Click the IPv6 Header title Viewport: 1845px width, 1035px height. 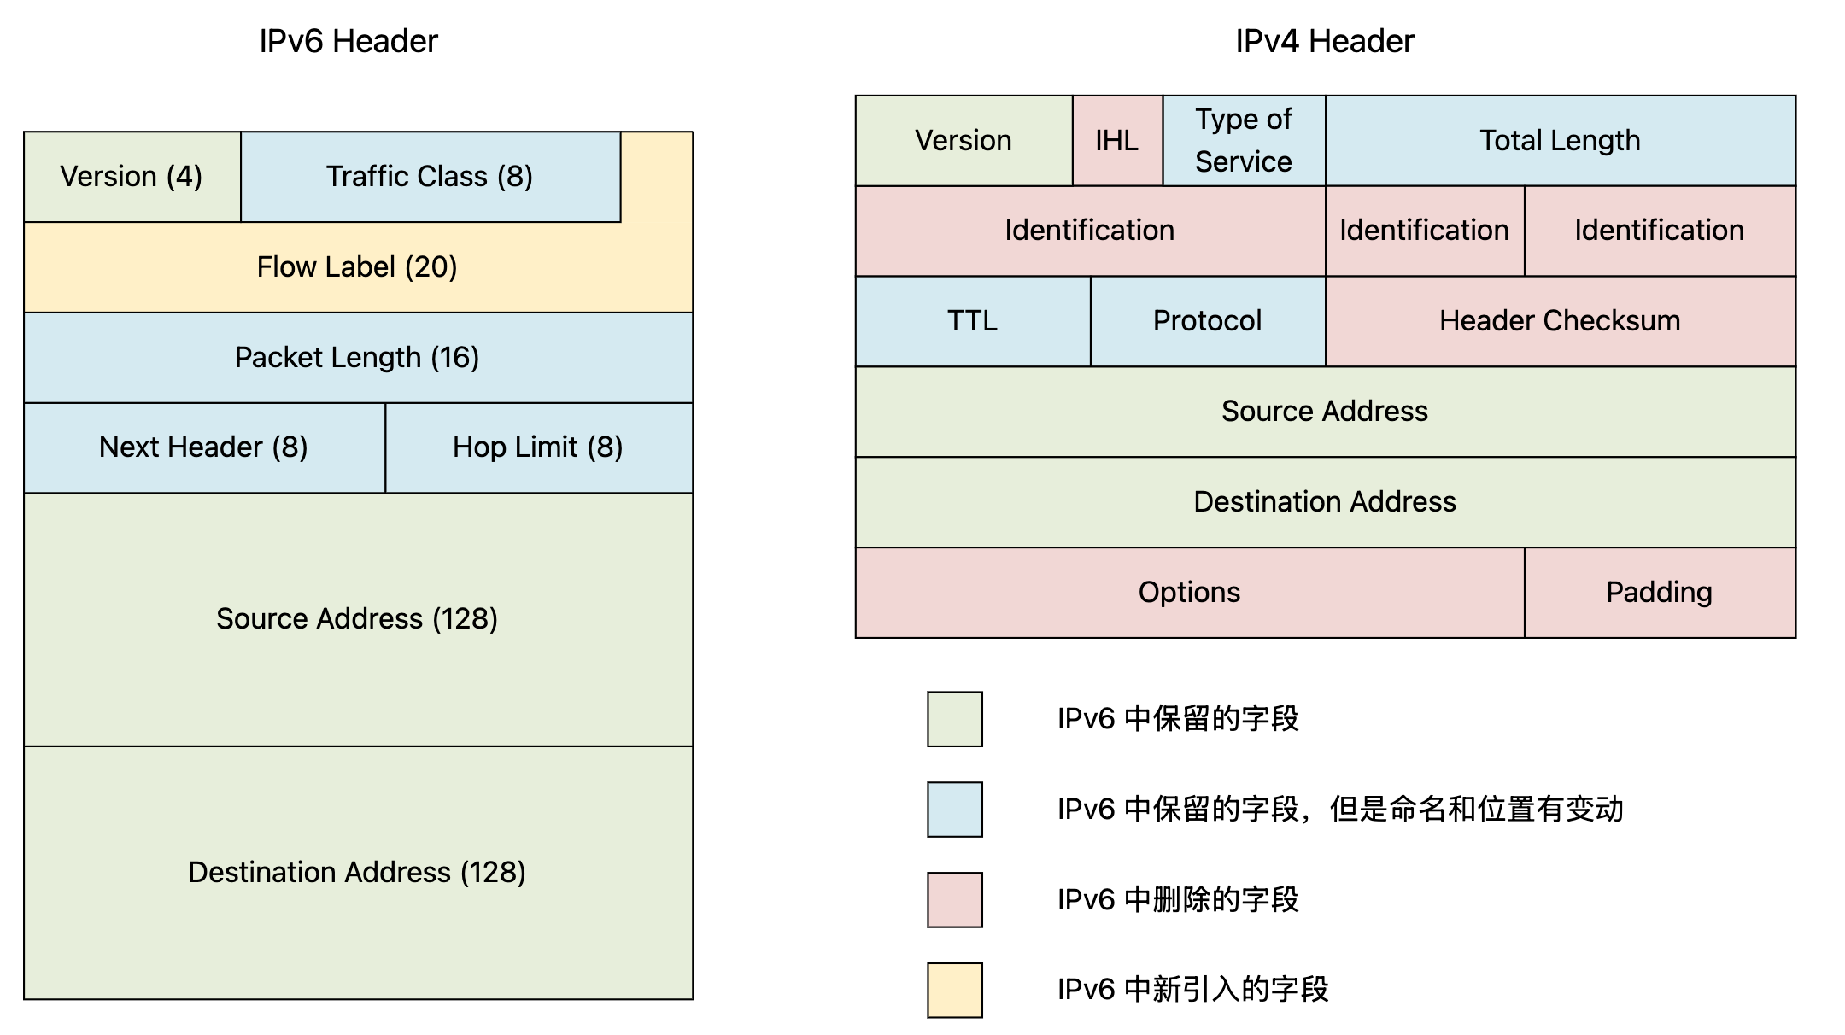(x=348, y=41)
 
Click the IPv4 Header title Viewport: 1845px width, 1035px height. (x=1325, y=41)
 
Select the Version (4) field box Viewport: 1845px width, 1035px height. (x=132, y=177)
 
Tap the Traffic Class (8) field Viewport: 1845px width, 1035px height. (x=430, y=177)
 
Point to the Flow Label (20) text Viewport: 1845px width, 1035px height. (x=357, y=267)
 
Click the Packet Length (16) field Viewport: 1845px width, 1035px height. (x=359, y=358)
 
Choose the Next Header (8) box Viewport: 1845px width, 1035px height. (x=205, y=447)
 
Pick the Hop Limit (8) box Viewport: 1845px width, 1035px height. (x=540, y=447)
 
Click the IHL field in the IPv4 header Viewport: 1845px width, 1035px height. (x=1117, y=141)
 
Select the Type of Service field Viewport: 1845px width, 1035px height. (x=1245, y=141)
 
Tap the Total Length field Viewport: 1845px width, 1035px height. (x=1561, y=141)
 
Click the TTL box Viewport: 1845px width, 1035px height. (x=973, y=321)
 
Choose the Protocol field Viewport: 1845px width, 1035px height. (x=1208, y=321)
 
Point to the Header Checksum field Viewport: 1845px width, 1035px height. (x=1561, y=321)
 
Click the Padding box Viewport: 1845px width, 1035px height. (x=1660, y=593)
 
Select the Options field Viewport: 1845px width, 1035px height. (x=1190, y=593)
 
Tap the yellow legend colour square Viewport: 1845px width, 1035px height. (x=955, y=991)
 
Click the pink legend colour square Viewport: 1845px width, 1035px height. (x=955, y=900)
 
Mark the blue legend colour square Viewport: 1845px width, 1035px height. (x=955, y=810)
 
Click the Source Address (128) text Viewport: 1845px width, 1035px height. (x=357, y=618)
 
